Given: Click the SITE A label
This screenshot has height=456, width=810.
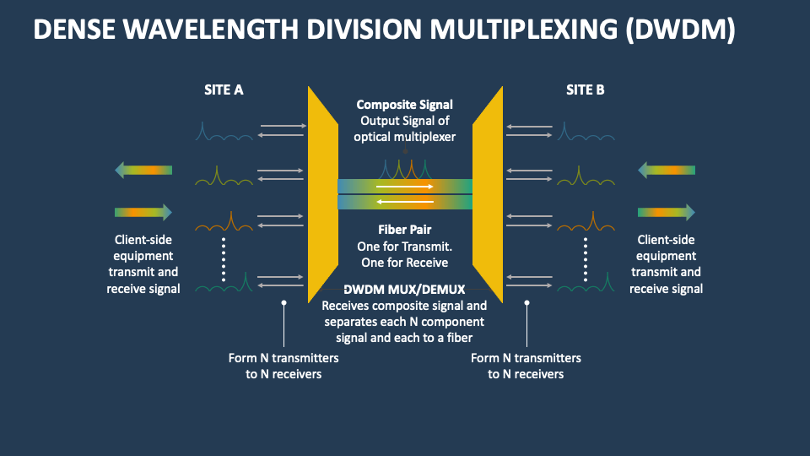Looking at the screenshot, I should pyautogui.click(x=224, y=90).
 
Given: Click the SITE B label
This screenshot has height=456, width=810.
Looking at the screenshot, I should pyautogui.click(x=586, y=90).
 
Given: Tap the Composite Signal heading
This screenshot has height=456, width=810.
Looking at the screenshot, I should pyautogui.click(x=404, y=105).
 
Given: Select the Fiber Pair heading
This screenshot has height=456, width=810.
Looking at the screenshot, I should pyautogui.click(x=404, y=230).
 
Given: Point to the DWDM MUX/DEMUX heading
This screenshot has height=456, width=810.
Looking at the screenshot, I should pyautogui.click(x=404, y=290).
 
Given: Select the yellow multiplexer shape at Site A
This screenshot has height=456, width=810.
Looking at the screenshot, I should pyautogui.click(x=322, y=194).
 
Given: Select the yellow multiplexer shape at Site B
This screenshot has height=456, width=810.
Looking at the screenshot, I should pyautogui.click(x=488, y=194).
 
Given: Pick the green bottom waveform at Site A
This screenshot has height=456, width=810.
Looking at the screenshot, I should pyautogui.click(x=224, y=285).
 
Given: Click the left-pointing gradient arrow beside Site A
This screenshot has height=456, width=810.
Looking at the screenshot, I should pyautogui.click(x=143, y=171).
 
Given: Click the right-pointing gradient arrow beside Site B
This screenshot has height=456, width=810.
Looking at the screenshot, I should pyautogui.click(x=666, y=212).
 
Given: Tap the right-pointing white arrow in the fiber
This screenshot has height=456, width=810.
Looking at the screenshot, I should pyautogui.click(x=404, y=186).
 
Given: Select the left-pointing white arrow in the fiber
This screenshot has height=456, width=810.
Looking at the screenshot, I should pyautogui.click(x=404, y=202).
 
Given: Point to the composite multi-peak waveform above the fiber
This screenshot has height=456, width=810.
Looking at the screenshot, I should pyautogui.click(x=404, y=168).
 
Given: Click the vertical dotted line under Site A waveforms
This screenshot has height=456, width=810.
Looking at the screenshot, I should pyautogui.click(x=224, y=258).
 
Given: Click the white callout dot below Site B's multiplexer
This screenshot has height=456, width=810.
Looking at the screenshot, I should pyautogui.click(x=527, y=301).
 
